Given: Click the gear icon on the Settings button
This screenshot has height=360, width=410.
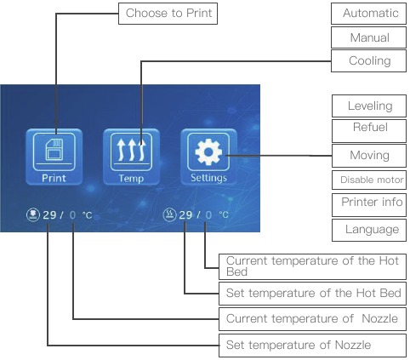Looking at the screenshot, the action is pyautogui.click(x=208, y=151).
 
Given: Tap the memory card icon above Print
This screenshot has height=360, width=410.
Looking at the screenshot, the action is pyautogui.click(x=54, y=150).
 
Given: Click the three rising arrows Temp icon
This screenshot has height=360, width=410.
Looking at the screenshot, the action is pyautogui.click(x=131, y=150).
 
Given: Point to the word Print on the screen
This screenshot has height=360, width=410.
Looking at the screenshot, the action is pyautogui.click(x=54, y=178).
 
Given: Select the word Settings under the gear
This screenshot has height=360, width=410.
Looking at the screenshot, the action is pyautogui.click(x=208, y=178).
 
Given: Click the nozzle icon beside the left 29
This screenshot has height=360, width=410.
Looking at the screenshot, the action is pyautogui.click(x=33, y=214).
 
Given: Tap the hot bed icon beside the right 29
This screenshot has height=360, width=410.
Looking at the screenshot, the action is pyautogui.click(x=169, y=214).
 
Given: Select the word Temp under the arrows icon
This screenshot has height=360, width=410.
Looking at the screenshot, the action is pyautogui.click(x=131, y=179).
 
